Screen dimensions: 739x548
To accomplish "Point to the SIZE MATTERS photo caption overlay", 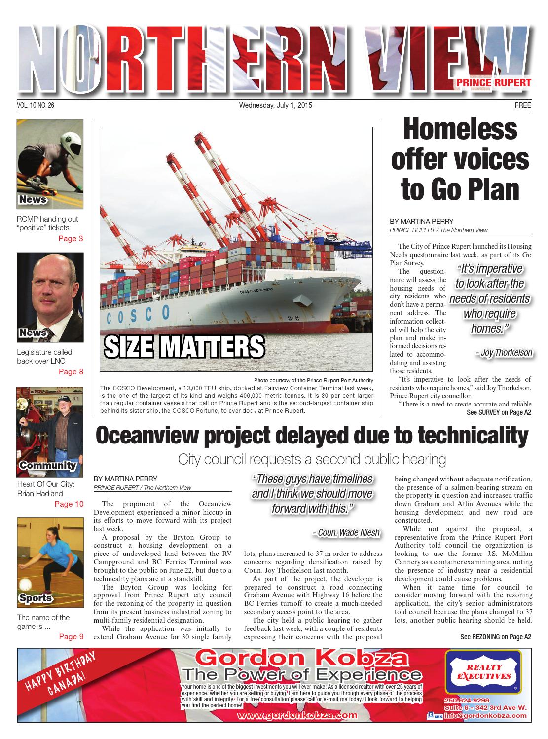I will (x=184, y=347).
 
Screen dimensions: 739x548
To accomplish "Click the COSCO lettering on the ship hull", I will (x=139, y=313).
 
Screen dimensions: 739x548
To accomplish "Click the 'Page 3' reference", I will (x=71, y=239).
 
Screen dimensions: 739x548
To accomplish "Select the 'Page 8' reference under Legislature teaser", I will (x=71, y=372).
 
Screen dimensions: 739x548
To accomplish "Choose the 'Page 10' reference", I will (x=69, y=504).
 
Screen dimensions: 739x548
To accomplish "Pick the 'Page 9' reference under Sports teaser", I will (x=71, y=636).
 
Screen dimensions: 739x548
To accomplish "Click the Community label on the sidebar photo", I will (x=48, y=465).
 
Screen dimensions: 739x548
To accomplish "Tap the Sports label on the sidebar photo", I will (x=35, y=598).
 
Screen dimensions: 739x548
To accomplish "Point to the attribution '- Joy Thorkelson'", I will (x=504, y=353).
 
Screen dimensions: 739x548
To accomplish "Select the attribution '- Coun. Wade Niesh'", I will (x=346, y=532).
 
